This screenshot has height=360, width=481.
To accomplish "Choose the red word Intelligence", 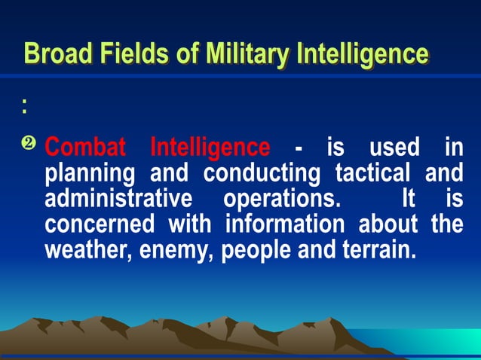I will coord(210,146).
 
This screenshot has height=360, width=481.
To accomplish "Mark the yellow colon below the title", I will coord(25,108).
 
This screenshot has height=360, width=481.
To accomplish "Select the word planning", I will coord(90,174).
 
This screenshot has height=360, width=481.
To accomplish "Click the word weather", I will coord(81,250).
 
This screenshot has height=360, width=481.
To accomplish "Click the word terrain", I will coord(375,249).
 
